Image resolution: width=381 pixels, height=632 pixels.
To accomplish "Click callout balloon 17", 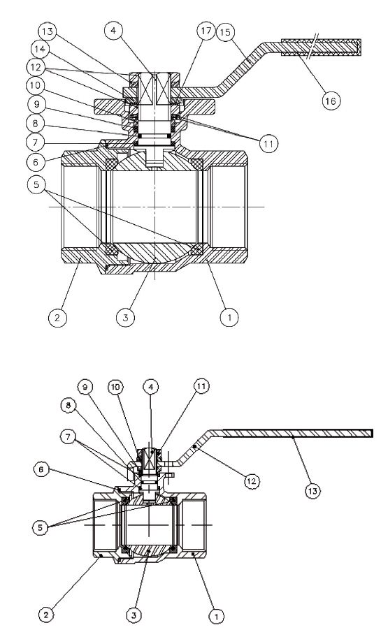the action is (206, 31).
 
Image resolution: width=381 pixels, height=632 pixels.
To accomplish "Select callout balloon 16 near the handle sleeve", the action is (331, 101).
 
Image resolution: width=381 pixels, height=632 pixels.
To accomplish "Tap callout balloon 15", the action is (226, 32).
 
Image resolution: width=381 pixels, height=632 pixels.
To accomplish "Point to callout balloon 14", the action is (40, 49).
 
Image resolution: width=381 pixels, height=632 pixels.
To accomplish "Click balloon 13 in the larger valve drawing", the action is (48, 31).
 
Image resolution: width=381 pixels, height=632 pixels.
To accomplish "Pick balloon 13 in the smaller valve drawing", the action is (312, 490).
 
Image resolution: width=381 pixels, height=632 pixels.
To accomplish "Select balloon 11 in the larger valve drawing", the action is (269, 143).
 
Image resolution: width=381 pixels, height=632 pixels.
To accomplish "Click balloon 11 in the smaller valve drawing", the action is (201, 387).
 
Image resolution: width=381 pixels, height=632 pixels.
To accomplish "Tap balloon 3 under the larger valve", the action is (126, 317).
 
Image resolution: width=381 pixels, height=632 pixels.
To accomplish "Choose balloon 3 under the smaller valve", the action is (134, 615).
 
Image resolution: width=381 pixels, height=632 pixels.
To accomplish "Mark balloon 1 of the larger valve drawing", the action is (230, 317).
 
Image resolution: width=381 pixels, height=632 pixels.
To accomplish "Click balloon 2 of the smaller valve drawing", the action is (46, 615).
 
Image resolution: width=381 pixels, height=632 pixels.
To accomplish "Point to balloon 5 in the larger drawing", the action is (37, 185).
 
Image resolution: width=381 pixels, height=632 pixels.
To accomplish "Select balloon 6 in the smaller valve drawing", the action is (41, 470).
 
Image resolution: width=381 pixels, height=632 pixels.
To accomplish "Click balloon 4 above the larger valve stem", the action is (114, 31).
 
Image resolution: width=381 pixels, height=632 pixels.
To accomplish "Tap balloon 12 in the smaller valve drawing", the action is (252, 481).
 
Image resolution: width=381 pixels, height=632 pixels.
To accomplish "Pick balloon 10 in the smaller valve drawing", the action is (115, 388).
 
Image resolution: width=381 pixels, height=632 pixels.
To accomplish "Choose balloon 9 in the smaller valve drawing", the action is (85, 388).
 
